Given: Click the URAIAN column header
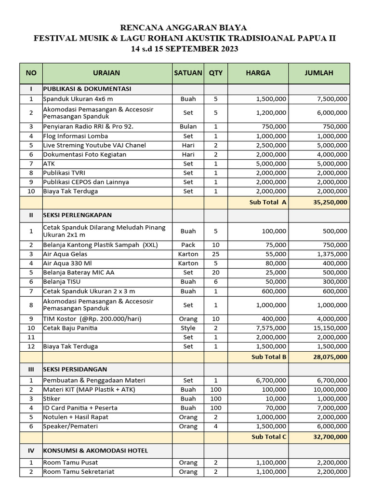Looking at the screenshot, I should tap(106, 73).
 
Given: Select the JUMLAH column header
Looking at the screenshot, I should tap(319, 73).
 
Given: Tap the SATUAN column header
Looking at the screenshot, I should tap(188, 73).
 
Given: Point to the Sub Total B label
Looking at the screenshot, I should tap(269, 357).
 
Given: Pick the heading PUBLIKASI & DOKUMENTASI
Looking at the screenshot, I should tap(87, 89).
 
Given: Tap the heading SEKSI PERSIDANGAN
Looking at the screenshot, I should tap(75, 369).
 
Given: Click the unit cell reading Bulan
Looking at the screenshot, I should tap(188, 126).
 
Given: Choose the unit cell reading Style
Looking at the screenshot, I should tap(188, 328).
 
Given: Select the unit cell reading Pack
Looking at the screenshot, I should tap(188, 245).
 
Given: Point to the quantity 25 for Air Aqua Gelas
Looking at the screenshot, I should tap(215, 254).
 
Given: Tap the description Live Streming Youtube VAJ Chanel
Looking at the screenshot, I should tap(94, 145).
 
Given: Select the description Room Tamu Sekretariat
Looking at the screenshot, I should tap(79, 472).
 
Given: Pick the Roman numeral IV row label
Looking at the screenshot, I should tap(31, 450).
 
